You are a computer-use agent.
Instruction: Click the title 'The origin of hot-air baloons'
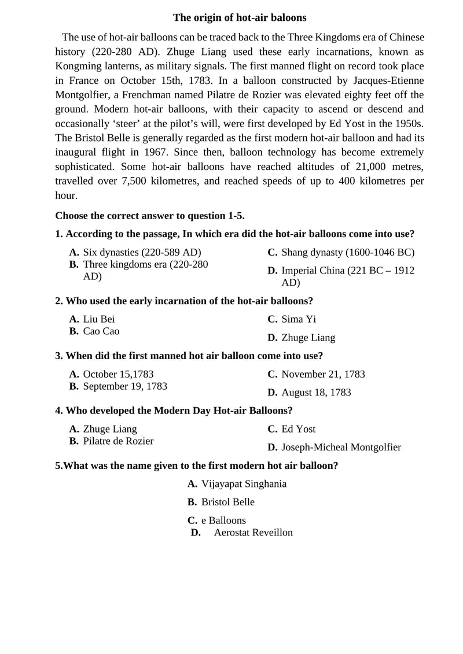point(240,18)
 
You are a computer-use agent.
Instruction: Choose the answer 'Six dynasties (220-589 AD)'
point(142,252)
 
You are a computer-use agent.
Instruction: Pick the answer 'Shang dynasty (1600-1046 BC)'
point(348,252)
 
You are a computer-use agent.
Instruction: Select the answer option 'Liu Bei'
point(99,319)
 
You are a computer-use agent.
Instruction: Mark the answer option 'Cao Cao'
point(101,331)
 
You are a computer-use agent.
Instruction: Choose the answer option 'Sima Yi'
point(299,319)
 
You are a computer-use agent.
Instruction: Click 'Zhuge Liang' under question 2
point(308,337)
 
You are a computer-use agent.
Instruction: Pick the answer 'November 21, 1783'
point(323,374)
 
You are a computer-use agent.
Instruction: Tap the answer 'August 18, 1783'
point(316,392)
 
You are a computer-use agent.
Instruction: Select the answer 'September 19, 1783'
point(125,386)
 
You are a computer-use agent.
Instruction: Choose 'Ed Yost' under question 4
point(299,428)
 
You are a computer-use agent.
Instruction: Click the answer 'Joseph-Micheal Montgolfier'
point(341,447)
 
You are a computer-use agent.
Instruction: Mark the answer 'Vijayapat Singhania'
point(244,483)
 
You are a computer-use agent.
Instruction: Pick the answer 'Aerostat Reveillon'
point(253,532)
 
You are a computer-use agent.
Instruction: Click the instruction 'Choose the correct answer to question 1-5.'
point(150,216)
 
